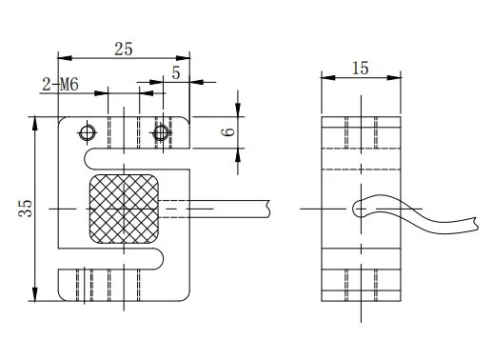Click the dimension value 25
click(x=124, y=49)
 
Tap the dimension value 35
click(x=25, y=209)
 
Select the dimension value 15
click(x=361, y=69)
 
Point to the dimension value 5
click(x=176, y=73)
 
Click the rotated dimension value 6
click(x=228, y=131)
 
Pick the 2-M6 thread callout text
click(x=60, y=85)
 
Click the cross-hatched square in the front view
click(x=124, y=209)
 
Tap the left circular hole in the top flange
click(x=87, y=132)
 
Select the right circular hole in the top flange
click(x=161, y=132)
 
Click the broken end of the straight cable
click(x=269, y=209)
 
